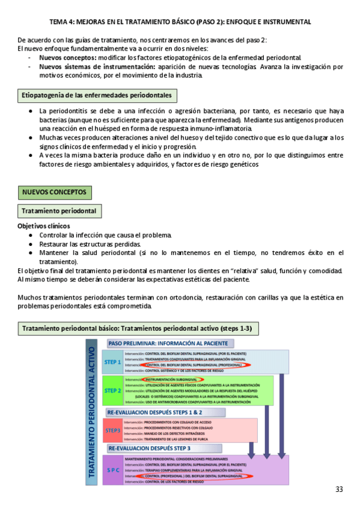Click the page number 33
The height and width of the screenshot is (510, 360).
point(340,490)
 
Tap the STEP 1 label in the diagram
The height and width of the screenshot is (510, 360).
point(112,362)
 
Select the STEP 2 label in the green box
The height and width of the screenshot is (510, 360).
point(112,390)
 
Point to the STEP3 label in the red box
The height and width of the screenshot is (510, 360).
point(112,431)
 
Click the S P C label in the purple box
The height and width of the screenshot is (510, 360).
point(112,470)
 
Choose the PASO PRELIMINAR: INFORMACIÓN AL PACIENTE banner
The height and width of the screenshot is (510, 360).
point(168,343)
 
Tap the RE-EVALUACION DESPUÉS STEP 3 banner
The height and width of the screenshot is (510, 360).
point(150,449)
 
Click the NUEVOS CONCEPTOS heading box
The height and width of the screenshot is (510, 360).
point(55,193)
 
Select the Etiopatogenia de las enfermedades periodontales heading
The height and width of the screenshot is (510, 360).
point(97,96)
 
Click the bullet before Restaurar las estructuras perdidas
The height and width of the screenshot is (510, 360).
point(31,245)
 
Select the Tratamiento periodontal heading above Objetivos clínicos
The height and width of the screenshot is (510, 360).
point(59,211)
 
